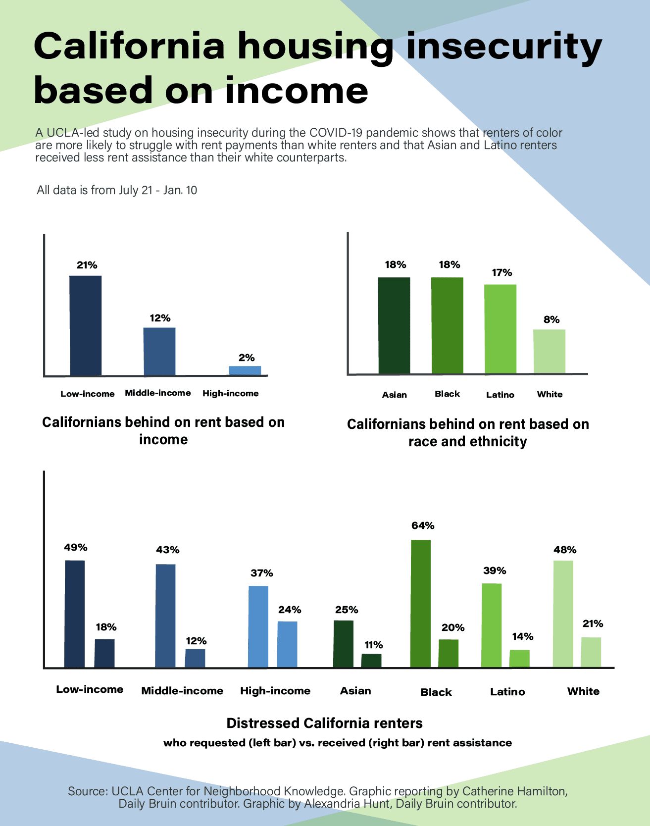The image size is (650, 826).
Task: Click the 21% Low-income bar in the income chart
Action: coord(86,325)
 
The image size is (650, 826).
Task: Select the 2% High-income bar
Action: coord(245,370)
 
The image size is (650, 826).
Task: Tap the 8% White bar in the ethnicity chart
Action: coord(549,351)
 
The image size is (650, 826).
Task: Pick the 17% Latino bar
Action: coord(500,329)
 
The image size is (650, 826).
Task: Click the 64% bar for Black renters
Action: coord(421,603)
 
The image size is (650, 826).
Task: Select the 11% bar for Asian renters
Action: coord(371,661)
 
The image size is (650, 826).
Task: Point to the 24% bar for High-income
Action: coord(287,644)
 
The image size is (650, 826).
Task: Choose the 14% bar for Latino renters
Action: coord(519,659)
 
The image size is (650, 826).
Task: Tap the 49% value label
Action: coord(76,547)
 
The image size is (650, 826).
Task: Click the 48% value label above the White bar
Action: coord(565,550)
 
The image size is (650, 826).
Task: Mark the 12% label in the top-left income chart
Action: coord(160,318)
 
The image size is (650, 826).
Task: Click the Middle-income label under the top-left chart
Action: coord(158,393)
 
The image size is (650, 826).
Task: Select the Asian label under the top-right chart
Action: coord(395,395)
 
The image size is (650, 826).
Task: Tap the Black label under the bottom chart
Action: coord(436,692)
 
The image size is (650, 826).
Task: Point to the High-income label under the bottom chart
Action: coord(275,691)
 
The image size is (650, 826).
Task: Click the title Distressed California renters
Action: coord(325,723)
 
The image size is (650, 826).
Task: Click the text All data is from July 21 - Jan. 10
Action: coord(117,190)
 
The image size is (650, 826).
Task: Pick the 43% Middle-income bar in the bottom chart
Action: coord(165,616)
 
